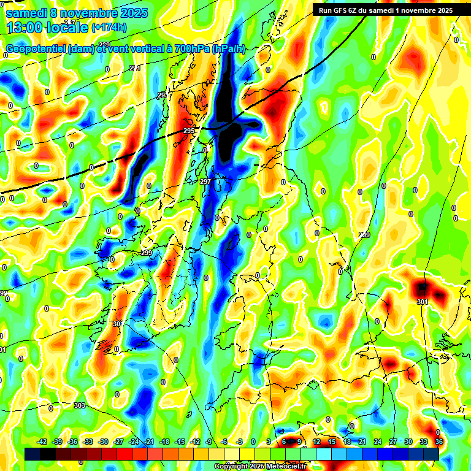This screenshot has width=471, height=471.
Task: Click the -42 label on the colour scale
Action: (x=42, y=442)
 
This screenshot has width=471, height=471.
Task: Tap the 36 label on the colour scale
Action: (x=439, y=442)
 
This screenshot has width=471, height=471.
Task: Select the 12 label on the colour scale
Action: (x=316, y=442)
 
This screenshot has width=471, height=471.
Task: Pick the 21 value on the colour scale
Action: (x=362, y=442)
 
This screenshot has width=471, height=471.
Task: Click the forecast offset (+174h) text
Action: (x=109, y=27)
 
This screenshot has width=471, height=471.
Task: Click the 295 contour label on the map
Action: (x=189, y=131)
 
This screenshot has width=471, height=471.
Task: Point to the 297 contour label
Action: (x=205, y=182)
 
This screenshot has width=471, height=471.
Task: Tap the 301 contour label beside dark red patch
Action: (x=422, y=302)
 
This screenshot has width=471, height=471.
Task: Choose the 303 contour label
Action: (x=79, y=405)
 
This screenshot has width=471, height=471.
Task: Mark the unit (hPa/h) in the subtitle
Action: (x=228, y=49)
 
